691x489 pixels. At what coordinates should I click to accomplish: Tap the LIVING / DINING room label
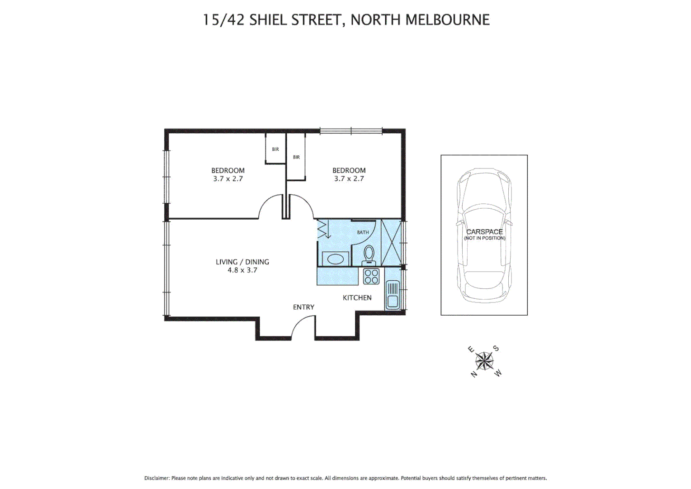242,262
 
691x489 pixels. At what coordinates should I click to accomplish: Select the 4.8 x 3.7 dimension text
242,270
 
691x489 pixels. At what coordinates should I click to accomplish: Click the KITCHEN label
357,297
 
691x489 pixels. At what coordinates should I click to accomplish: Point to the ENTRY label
303,307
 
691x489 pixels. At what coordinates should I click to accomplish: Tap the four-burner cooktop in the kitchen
371,276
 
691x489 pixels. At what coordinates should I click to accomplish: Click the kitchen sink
392,295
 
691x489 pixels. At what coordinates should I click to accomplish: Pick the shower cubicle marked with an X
392,243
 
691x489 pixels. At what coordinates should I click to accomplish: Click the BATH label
363,232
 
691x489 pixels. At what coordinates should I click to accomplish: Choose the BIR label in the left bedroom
275,149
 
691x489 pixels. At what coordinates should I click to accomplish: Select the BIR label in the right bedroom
296,157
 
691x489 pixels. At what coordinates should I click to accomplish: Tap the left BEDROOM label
228,170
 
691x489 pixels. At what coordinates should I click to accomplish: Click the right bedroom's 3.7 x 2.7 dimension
349,179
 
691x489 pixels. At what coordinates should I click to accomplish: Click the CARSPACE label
484,231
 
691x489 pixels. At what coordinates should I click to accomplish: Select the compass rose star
484,361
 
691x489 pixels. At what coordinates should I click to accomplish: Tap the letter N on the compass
473,374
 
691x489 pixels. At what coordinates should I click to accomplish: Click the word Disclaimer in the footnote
157,478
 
